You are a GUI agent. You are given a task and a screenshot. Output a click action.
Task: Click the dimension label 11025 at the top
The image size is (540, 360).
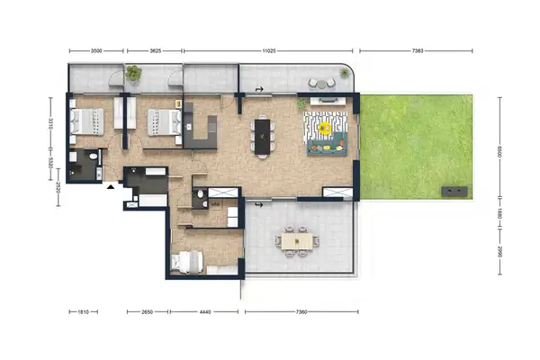tap(267, 52)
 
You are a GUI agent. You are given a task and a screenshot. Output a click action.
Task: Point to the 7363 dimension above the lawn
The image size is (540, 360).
tap(418, 52)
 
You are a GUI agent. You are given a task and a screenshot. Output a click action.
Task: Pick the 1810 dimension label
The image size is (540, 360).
tap(82, 312)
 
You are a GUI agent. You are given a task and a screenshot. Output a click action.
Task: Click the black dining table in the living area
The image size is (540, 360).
tap(263, 136)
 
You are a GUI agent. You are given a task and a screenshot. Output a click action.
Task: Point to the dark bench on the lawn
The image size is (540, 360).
tap(454, 190)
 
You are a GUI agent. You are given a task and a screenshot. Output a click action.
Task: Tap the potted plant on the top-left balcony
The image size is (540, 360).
tap(134, 73)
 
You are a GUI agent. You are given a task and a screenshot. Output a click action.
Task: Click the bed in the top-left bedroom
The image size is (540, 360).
tap(88, 121)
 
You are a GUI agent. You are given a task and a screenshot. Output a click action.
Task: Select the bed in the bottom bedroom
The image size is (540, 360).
tap(187, 262)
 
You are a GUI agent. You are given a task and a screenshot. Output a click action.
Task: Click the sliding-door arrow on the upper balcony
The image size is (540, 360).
tap(259, 90)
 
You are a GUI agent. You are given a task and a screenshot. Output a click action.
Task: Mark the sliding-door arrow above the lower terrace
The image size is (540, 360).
tap(259, 205)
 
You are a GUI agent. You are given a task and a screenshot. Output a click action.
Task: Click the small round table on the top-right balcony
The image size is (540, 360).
tap(325, 83)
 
